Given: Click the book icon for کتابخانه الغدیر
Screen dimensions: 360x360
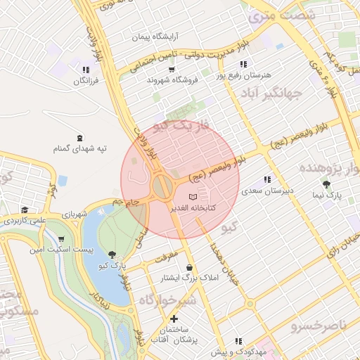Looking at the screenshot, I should [193, 198].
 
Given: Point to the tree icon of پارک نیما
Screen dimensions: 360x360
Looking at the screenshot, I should [326, 184].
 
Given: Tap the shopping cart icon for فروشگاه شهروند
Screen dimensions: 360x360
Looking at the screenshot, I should [172, 69].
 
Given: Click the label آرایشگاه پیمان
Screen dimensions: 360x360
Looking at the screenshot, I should [156, 35].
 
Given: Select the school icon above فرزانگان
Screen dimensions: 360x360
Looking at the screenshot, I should [86, 70].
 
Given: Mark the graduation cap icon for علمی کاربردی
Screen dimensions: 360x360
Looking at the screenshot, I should [25, 210].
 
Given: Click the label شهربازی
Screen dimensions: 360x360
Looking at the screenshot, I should [73, 214].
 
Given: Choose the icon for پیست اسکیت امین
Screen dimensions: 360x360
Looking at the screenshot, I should [61, 239].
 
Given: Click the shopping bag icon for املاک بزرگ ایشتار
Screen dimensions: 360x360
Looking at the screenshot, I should [190, 267].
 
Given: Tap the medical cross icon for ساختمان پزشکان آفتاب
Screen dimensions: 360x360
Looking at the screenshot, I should [173, 319].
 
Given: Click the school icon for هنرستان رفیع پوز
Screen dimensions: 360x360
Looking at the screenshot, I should [243, 63].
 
